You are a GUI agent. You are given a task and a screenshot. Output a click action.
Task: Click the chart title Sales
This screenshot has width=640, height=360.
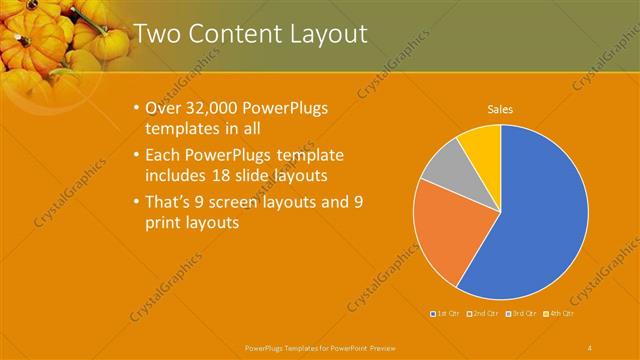pyautogui.click(x=501, y=109)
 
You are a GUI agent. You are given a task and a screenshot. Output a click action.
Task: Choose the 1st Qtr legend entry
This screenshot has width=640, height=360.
pyautogui.click(x=445, y=314)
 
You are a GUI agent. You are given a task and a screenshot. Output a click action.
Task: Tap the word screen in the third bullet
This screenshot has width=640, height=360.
pyautogui.click(x=257, y=202)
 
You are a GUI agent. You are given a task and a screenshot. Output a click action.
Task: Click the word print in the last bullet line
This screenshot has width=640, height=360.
pyautogui.click(x=164, y=224)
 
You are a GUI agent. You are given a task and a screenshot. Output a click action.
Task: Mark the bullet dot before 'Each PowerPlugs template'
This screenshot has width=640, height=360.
pyautogui.click(x=137, y=156)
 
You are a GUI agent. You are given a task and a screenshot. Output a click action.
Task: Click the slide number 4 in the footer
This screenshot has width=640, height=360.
pyautogui.click(x=589, y=347)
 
